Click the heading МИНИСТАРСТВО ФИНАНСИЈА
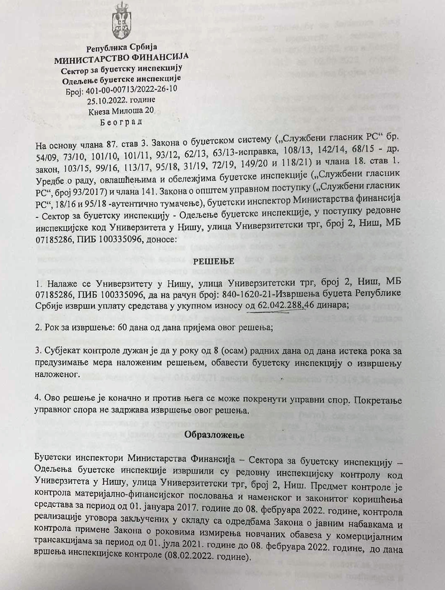pyautogui.click(x=121, y=57)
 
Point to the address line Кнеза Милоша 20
pyautogui.click(x=121, y=111)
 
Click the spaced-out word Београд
pyautogui.click(x=121, y=122)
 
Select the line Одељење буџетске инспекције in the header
pyautogui.click(x=122, y=79)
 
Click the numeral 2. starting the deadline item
pyautogui.click(x=39, y=327)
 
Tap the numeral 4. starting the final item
pyautogui.click(x=39, y=400)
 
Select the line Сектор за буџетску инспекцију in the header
pyautogui.click(x=122, y=68)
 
